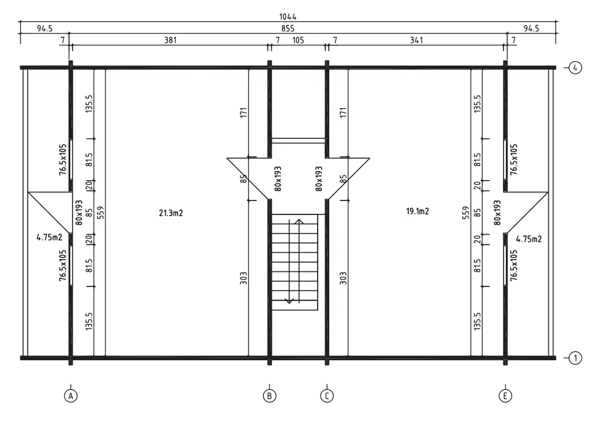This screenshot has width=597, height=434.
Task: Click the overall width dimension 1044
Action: [x=288, y=17]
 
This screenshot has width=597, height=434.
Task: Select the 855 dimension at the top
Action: [x=288, y=28]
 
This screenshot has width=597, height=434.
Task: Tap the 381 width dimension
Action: [x=170, y=40]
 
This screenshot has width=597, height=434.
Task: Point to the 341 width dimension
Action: [x=416, y=40]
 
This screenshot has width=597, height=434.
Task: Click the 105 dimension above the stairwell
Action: [x=298, y=40]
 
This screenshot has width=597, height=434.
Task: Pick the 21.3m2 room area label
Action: [x=171, y=213]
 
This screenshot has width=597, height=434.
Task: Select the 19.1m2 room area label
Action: [x=418, y=211]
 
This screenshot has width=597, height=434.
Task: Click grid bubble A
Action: [x=70, y=396]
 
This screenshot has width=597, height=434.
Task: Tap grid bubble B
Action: [x=269, y=396]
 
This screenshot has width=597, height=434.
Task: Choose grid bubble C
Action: [x=327, y=396]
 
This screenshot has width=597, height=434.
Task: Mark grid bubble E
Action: [x=505, y=396]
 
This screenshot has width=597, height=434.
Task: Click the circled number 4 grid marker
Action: [x=576, y=68]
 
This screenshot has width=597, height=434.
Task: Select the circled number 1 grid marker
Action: [x=576, y=358]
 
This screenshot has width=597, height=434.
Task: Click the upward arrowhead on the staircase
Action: [x=299, y=221]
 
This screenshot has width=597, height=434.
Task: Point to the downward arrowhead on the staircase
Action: [x=289, y=301]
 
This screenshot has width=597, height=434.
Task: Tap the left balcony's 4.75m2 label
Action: [x=49, y=238]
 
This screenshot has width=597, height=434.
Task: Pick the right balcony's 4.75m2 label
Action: [x=529, y=239]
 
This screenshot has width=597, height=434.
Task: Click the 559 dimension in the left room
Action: [x=100, y=213]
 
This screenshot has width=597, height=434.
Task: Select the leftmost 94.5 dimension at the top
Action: [x=45, y=28]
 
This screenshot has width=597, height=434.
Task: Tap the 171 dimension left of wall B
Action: [x=244, y=112]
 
